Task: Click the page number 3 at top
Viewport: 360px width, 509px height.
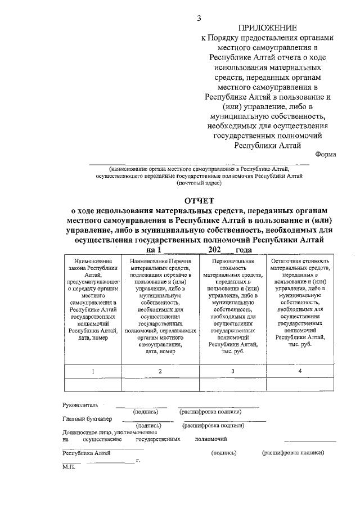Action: point(198,19)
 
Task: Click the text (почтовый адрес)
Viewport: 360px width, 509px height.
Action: point(200,183)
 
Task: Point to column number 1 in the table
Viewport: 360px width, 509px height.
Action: point(93,371)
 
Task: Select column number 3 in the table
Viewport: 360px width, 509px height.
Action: point(233,371)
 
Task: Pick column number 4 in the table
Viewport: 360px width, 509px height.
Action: point(300,371)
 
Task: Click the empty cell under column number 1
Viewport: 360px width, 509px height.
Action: point(93,384)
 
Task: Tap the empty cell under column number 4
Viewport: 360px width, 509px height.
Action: point(300,384)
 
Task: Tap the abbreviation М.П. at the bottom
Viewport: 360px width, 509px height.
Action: point(69,467)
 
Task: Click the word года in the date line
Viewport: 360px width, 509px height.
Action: point(244,250)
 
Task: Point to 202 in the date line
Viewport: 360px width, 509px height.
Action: point(214,250)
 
